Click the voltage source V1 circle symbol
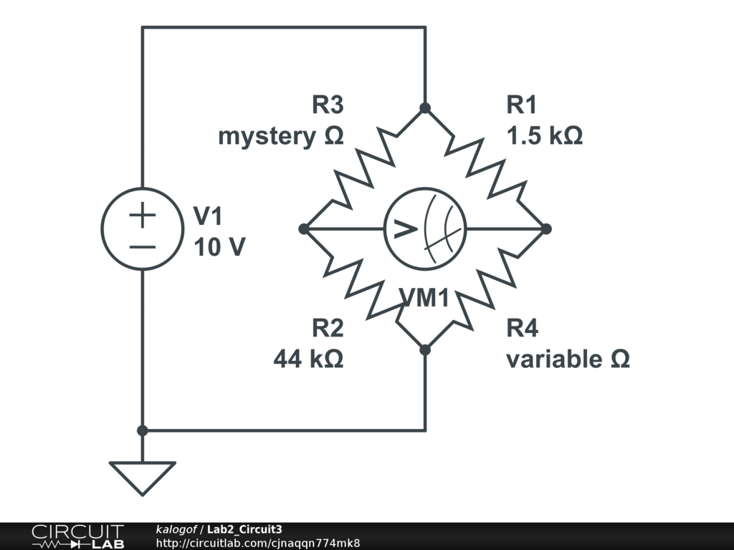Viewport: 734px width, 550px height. coord(143,228)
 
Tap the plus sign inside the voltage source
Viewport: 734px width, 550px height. coord(143,215)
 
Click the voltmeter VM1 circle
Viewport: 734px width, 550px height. coord(425,229)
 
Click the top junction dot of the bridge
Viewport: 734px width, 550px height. coord(425,108)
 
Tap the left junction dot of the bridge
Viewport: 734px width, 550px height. coord(304,229)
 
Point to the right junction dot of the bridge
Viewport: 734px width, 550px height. coord(546,229)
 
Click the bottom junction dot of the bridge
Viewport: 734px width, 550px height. coord(425,349)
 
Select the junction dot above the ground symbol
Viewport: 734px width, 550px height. coord(143,430)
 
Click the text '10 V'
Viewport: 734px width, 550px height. coord(219,248)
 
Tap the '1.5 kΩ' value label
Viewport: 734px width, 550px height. coord(544,135)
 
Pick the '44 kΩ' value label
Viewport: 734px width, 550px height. coord(308,359)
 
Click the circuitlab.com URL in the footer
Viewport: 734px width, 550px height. coord(257,543)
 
